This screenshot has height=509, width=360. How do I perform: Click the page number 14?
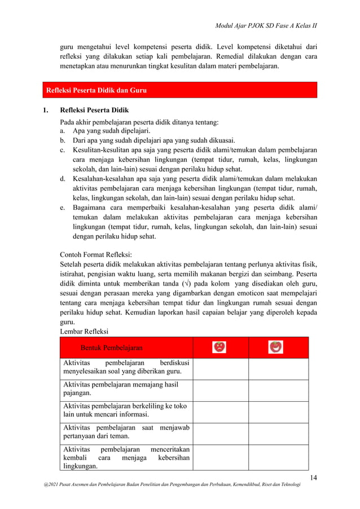tap(313, 479)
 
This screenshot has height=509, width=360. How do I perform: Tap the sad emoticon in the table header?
tap(219, 347)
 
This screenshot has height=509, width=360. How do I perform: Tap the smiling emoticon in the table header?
tap(275, 347)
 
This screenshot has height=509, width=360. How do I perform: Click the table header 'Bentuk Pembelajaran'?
tap(111, 348)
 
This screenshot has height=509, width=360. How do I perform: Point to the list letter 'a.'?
tap(63, 130)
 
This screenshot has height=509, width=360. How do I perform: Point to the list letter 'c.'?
tap(63, 150)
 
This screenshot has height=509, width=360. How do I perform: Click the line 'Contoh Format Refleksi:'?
tap(95, 254)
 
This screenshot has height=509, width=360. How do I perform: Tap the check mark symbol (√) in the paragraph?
tap(187, 282)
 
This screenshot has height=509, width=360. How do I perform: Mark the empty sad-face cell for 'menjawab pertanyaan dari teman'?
tap(220, 434)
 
